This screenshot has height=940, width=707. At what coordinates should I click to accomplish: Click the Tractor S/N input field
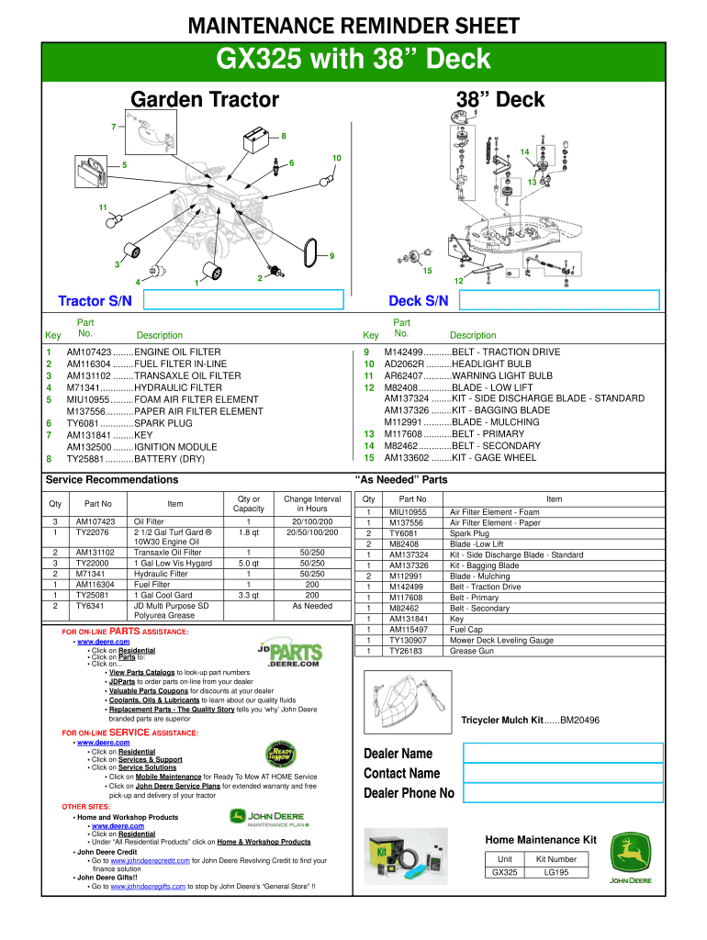tap(242, 301)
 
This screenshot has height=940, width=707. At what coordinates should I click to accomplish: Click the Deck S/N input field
tap(559, 301)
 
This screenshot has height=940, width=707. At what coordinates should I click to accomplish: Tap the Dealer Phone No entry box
tap(562, 792)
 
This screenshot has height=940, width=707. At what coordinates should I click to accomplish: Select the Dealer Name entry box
tap(562, 753)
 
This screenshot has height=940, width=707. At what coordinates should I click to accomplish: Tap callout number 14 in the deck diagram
tap(523, 151)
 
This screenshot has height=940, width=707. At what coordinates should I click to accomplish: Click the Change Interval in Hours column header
tap(312, 503)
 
